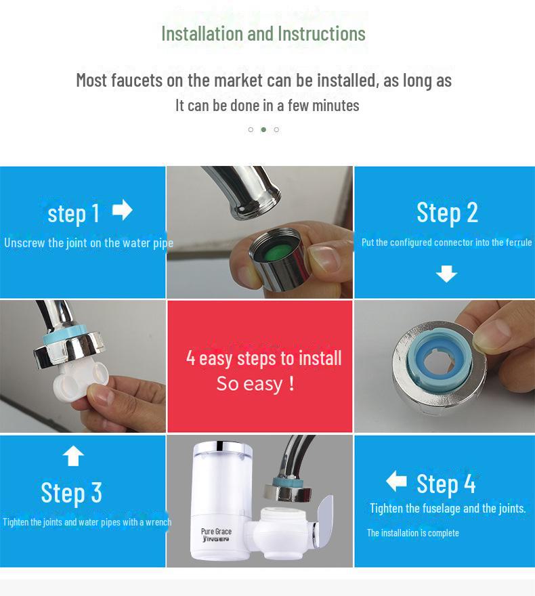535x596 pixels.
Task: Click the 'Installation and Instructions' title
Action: (x=263, y=33)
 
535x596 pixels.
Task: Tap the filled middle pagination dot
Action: (x=263, y=129)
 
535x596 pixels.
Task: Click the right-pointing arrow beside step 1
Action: (x=122, y=210)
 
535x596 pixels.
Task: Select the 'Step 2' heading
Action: (x=447, y=213)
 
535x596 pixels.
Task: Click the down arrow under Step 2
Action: (x=446, y=274)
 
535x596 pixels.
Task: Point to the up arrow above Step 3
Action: (x=73, y=456)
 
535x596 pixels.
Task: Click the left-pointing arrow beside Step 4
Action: (x=396, y=482)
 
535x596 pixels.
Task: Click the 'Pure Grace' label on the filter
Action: (x=216, y=532)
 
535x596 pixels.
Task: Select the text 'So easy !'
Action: (x=255, y=384)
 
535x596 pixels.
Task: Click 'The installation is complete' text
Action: (x=413, y=533)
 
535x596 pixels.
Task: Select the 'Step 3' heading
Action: (x=71, y=492)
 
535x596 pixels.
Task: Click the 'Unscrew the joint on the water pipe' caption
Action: (x=88, y=242)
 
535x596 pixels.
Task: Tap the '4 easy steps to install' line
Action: (x=263, y=358)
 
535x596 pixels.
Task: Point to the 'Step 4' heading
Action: (x=446, y=484)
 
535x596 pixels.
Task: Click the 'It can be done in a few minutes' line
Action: (x=267, y=105)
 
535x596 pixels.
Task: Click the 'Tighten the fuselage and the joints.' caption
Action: (x=448, y=508)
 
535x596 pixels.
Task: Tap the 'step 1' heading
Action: (x=73, y=213)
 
